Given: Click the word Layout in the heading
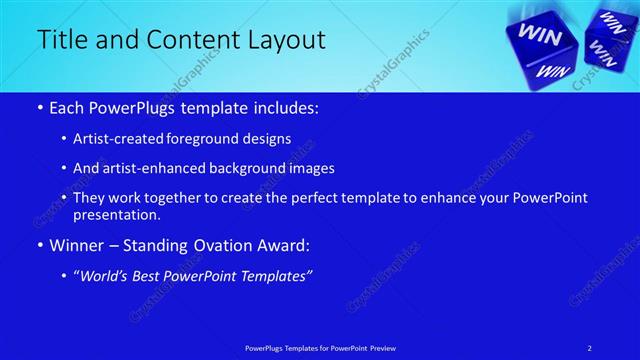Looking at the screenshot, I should [x=289, y=40].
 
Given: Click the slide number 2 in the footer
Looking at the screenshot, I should [x=590, y=348].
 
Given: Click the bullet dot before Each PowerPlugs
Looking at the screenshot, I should [x=39, y=108].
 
